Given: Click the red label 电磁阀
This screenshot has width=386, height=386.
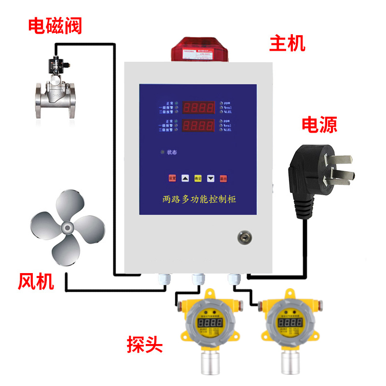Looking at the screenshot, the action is [55, 26].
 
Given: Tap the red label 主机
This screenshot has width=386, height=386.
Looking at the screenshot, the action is [288, 44].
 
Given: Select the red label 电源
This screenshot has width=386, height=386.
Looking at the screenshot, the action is [319, 124].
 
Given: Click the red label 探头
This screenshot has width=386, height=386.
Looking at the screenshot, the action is [145, 345].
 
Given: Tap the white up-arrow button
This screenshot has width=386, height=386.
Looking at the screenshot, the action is [185, 178].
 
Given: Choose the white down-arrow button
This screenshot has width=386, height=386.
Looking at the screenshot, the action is [210, 178].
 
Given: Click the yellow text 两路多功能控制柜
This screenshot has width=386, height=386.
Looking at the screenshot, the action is [199, 199].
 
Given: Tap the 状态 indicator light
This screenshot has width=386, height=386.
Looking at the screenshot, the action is [163, 153].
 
